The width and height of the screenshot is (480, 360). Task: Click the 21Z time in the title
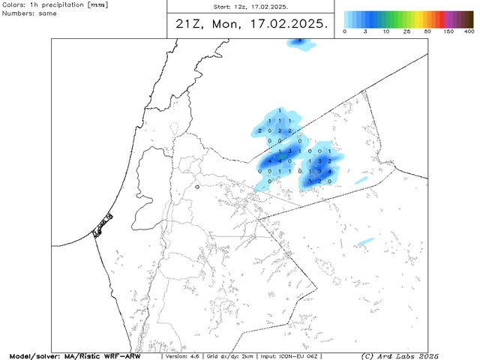coord(187,24)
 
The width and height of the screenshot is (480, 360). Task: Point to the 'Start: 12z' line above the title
coord(248,6)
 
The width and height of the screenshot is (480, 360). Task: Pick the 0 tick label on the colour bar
coord(344,31)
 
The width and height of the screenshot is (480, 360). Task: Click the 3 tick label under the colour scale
coord(365,31)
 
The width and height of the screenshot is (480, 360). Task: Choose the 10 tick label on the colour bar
coord(385,31)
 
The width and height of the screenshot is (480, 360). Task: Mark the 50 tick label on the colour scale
coord(427,31)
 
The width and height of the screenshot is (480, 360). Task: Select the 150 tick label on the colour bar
coord(448,31)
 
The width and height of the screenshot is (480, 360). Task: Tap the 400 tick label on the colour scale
coord(469,31)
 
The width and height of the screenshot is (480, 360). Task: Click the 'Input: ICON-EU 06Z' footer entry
coord(304,355)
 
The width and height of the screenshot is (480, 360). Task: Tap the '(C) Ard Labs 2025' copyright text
coord(400,355)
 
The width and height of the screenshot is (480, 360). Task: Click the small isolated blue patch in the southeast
coord(366,241)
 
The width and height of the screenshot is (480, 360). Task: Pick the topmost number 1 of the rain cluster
coord(280,111)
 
